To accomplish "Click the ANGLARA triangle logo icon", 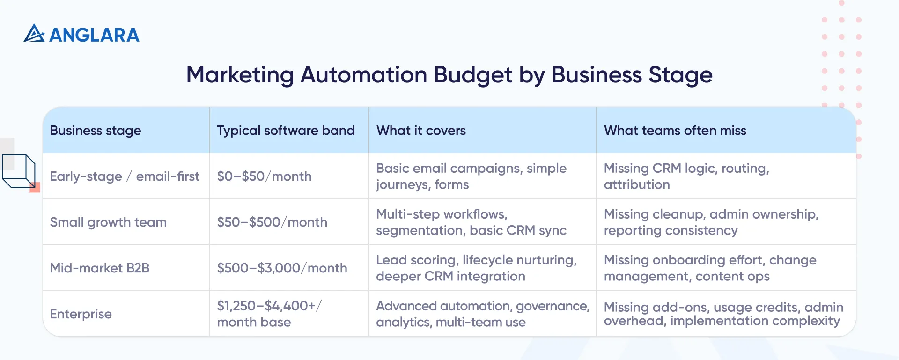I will (x=34, y=34).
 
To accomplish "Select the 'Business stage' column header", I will (x=96, y=131).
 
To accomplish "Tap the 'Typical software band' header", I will (x=286, y=131).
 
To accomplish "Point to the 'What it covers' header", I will (x=421, y=131).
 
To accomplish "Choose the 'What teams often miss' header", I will (x=675, y=131).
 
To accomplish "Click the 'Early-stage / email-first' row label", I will (x=125, y=176).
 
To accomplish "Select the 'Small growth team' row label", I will (x=108, y=222).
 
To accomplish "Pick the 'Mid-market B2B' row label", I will (x=100, y=268).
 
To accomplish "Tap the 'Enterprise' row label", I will (x=81, y=314).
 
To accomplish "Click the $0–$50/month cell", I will (x=264, y=176).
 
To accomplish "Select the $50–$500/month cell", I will (x=272, y=222).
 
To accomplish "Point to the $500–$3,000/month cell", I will (x=282, y=268).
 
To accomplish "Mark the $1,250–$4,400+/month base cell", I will (x=269, y=314).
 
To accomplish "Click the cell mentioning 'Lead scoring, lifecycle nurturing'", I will (x=476, y=268).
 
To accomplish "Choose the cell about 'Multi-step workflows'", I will (x=471, y=222).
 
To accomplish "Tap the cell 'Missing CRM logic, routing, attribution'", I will (x=686, y=176).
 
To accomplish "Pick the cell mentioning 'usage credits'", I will (x=723, y=314).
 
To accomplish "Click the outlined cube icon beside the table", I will (x=19, y=171).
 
